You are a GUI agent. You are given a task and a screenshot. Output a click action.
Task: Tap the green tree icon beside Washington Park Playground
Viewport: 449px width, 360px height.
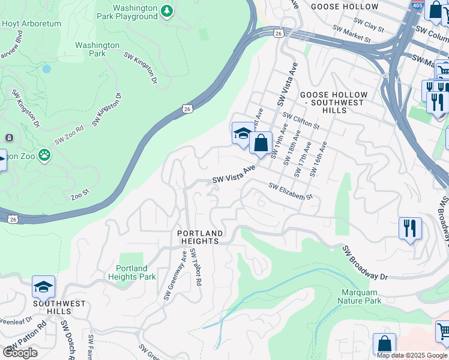pyautogui.click(x=167, y=11)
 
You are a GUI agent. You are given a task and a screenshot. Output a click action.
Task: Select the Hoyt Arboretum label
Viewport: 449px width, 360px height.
pyautogui.click(x=23, y=24)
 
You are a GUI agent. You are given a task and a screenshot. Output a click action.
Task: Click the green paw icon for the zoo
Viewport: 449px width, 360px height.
pyautogui.click(x=44, y=155)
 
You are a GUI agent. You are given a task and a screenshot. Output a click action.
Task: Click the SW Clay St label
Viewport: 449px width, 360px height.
pyautogui.click(x=369, y=25)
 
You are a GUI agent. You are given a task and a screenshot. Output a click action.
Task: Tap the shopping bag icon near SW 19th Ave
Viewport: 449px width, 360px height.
pyautogui.click(x=261, y=143)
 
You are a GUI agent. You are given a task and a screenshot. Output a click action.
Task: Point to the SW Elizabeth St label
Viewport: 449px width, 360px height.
pyautogui.click(x=291, y=192)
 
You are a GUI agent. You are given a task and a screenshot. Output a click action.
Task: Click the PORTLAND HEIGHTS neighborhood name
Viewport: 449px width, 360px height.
pyautogui.click(x=200, y=236)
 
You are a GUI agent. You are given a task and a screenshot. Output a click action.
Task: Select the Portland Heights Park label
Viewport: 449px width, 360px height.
pyautogui.click(x=131, y=272)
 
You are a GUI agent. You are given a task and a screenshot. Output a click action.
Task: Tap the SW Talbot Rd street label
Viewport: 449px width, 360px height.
pyautogui.click(x=196, y=266)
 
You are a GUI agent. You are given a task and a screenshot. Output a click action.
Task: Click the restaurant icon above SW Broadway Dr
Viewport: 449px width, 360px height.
pyautogui.click(x=410, y=228)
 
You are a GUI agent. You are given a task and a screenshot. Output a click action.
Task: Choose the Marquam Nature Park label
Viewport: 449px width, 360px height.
pyautogui.click(x=359, y=296)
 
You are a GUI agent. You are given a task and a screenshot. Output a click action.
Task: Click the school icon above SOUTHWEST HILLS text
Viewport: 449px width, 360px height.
pyautogui.click(x=43, y=287)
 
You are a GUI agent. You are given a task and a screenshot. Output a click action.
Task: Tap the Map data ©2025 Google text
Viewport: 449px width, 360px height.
pyautogui.click(x=412, y=355)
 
